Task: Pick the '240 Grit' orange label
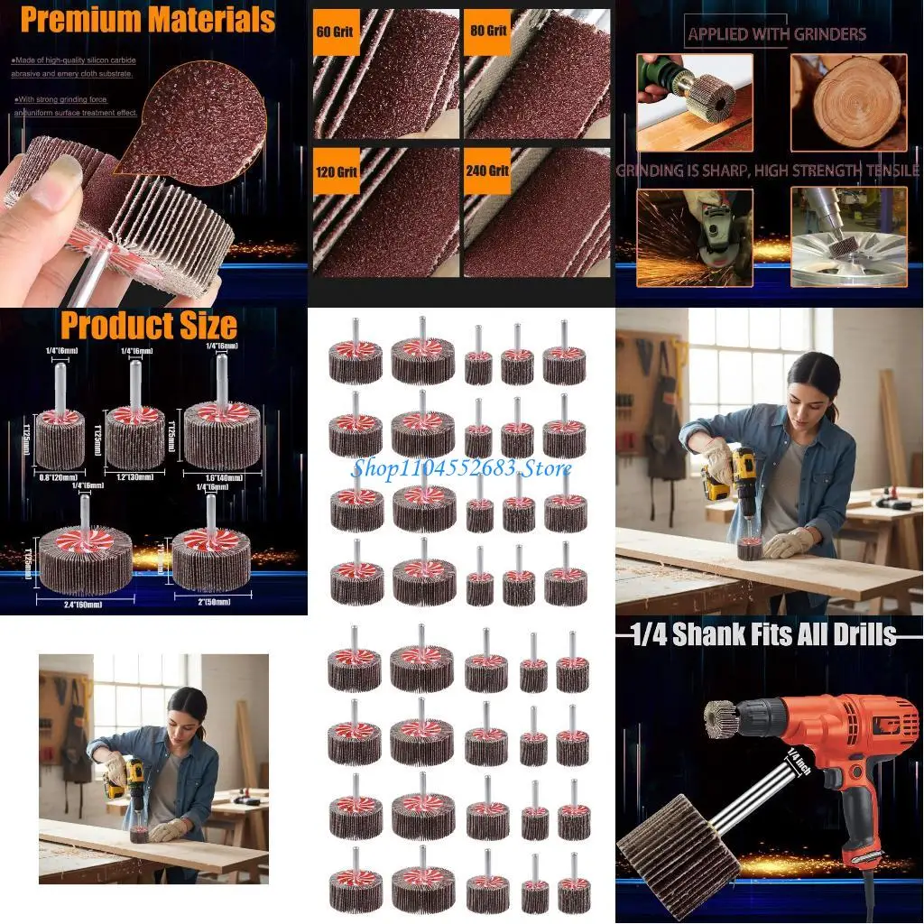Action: [487, 170]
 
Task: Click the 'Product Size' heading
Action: [148, 325]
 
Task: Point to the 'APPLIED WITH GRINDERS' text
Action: [776, 35]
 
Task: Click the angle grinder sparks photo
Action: [694, 236]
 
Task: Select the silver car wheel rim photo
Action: [848, 236]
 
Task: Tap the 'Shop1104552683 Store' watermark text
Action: [461, 468]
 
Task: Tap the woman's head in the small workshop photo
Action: [187, 707]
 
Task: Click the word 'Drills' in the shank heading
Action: [857, 634]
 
